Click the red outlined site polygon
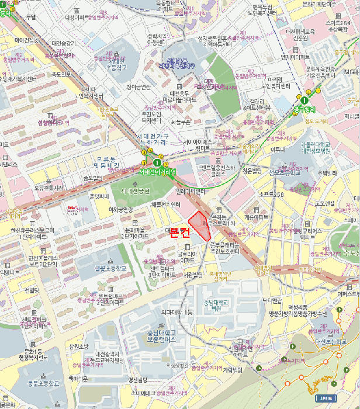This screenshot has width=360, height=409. tap(200, 226)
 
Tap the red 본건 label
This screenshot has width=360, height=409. tap(179, 234)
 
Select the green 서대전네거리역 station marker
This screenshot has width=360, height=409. tap(157, 163)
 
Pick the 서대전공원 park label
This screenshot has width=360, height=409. tap(135, 191)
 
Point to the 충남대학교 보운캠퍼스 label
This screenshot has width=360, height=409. tap(158, 337)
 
